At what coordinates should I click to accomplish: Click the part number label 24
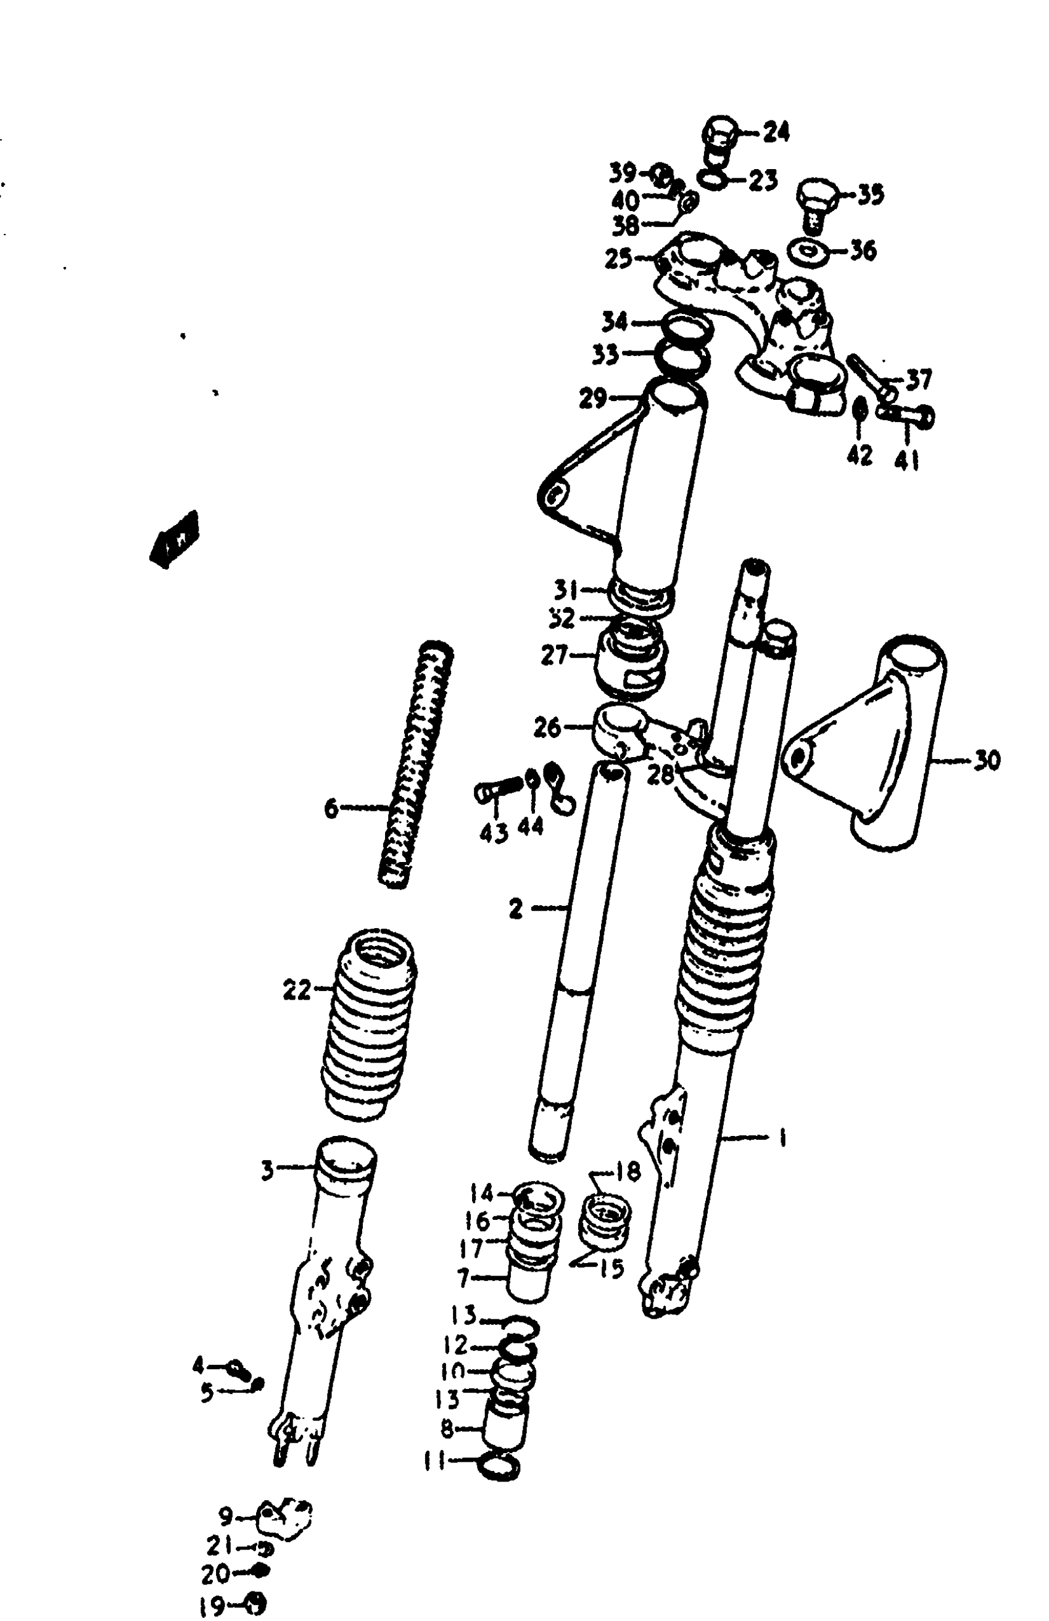[x=776, y=132]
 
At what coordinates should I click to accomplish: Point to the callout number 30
[x=986, y=760]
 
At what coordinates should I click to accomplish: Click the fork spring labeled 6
[x=415, y=766]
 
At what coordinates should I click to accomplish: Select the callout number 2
[x=516, y=908]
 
